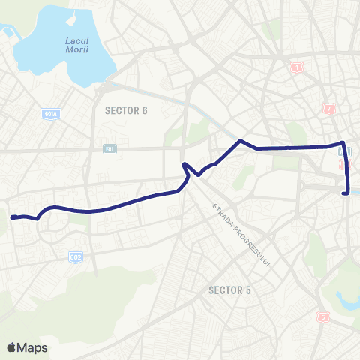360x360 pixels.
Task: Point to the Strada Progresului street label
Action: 240,232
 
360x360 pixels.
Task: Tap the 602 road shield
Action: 76,256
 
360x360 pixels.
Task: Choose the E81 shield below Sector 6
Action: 110,149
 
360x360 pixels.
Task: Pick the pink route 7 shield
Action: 328,109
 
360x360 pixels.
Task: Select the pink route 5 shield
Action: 324,316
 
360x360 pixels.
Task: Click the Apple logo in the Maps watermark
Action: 12,347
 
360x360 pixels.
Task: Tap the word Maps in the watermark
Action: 34,347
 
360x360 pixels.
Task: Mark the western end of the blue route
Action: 13,217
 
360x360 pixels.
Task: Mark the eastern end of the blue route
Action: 346,193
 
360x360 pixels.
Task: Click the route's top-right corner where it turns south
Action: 343,142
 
